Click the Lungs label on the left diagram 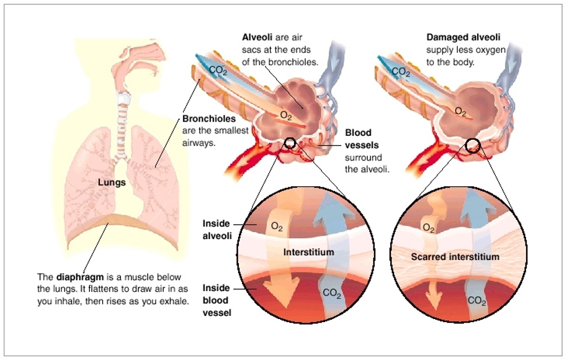coord(113,182)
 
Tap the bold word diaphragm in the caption coord(77,277)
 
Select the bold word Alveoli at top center coord(256,37)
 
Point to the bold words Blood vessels coord(360,138)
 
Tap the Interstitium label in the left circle coord(308,253)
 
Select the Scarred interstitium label coord(455,256)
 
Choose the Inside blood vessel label coord(217,300)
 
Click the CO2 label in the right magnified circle coord(477,301)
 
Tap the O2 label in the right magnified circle coord(429,228)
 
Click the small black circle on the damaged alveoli coord(473,145)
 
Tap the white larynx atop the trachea coord(123,98)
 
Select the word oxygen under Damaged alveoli coord(491,50)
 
